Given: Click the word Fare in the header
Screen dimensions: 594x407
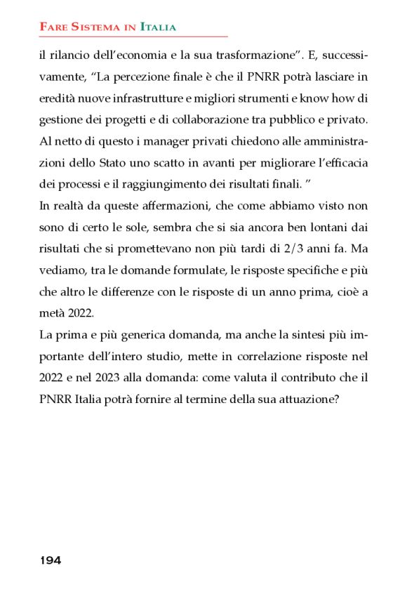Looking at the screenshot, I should coord(53,27).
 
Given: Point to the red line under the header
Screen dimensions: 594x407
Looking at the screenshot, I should coord(133,36).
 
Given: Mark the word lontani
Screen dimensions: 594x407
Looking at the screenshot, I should coord(330,227).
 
